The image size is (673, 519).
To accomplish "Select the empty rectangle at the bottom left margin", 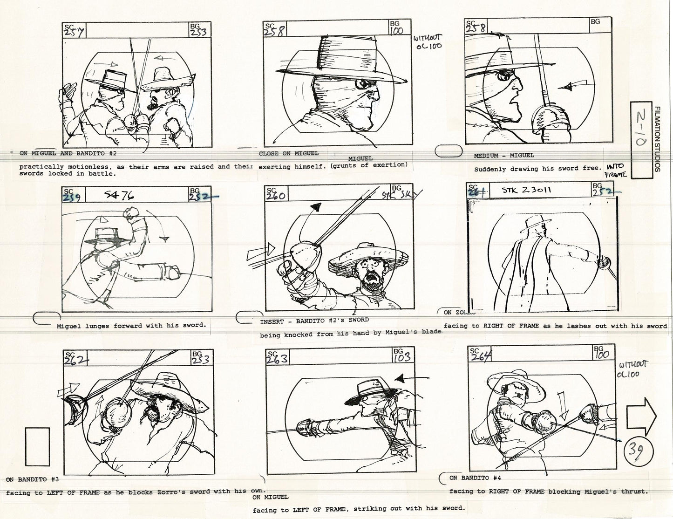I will click(x=38, y=445).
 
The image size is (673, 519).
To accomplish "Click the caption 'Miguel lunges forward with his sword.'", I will click(x=131, y=325).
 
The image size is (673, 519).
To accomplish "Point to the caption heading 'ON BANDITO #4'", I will click(x=476, y=478).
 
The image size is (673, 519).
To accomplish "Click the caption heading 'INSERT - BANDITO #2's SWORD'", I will click(x=314, y=321).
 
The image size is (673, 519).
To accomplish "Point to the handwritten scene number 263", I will click(x=276, y=359).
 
